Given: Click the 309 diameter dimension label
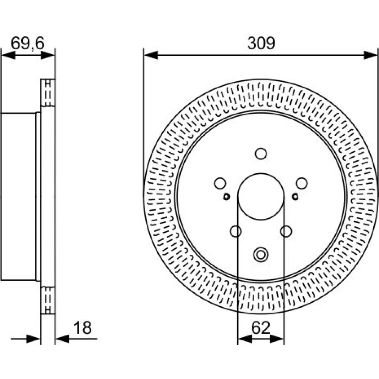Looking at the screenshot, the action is pyautogui.click(x=261, y=43).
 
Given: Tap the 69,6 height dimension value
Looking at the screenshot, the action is pyautogui.click(x=28, y=44).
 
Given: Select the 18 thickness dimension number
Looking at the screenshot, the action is pyautogui.click(x=82, y=328).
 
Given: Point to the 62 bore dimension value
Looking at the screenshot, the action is pyautogui.click(x=261, y=328).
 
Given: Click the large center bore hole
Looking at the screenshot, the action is pyautogui.click(x=261, y=196).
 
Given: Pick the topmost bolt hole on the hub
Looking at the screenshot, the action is pyautogui.click(x=261, y=153).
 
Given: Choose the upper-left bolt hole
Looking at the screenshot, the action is pyautogui.click(x=220, y=183).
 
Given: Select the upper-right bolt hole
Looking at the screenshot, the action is pyautogui.click(x=302, y=183).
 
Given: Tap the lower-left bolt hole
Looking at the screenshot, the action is pyautogui.click(x=236, y=231).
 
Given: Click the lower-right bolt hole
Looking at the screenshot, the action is pyautogui.click(x=286, y=231).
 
